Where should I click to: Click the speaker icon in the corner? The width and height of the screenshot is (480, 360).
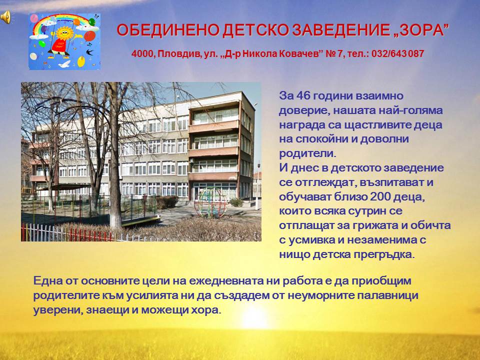click(x=5, y=16)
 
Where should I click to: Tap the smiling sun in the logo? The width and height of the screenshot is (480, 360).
click(x=64, y=33)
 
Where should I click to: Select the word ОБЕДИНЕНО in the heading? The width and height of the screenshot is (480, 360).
click(x=167, y=30)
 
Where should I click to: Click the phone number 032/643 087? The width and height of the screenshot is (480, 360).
click(x=397, y=53)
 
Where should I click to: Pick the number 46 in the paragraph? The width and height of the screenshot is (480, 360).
click(x=303, y=95)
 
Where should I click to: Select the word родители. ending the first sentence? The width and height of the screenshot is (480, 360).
click(x=307, y=153)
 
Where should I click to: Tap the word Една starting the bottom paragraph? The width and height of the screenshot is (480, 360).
click(x=48, y=280)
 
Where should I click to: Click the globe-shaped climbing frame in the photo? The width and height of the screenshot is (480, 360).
click(x=210, y=202)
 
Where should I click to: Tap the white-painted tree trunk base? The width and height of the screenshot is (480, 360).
click(x=115, y=221)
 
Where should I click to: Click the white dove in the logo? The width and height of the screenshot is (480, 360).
click(x=64, y=64)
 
